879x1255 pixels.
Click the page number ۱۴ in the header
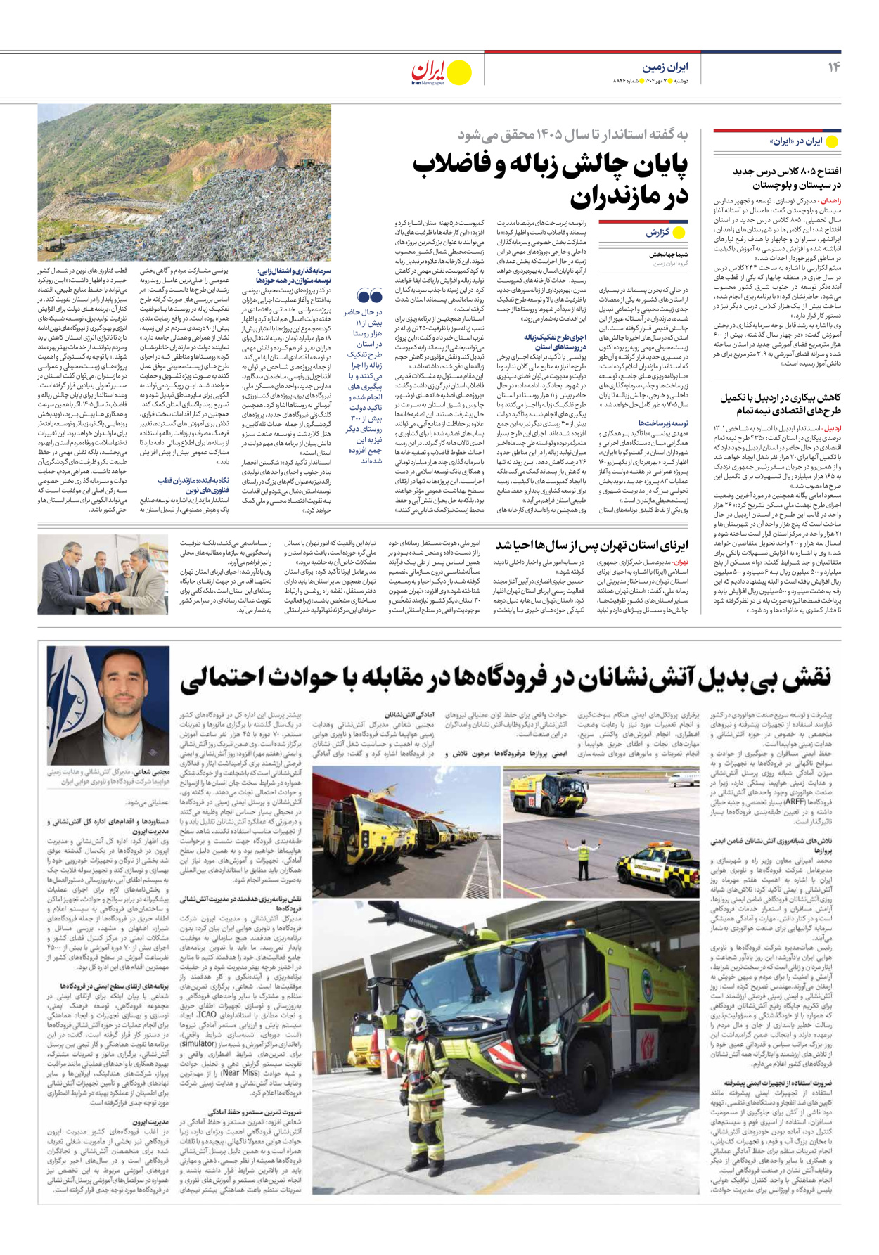(x=833, y=67)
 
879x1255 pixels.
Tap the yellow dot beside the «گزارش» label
(x=679, y=233)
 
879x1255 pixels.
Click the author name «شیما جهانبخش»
(x=669, y=254)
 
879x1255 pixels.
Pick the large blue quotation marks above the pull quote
(x=369, y=296)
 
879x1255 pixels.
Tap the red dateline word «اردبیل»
(x=832, y=428)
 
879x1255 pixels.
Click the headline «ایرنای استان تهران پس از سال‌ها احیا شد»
(x=591, y=546)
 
